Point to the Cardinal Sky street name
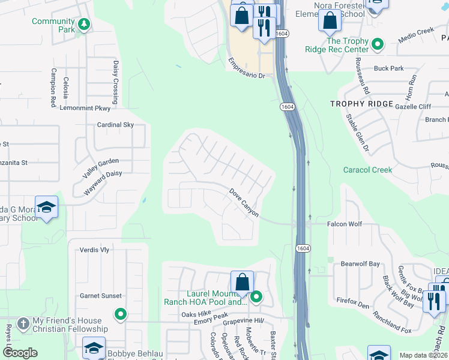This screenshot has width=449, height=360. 116,125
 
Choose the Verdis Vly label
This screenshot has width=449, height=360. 95,250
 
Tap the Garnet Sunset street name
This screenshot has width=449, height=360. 101,296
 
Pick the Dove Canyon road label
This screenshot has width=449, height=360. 244,202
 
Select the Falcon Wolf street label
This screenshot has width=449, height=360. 345,224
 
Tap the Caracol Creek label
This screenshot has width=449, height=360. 367,170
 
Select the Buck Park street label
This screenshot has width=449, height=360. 389,68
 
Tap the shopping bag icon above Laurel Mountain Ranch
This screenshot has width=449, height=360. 242,282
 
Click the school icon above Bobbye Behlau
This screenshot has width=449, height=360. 94,348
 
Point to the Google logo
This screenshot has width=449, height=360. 20,353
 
